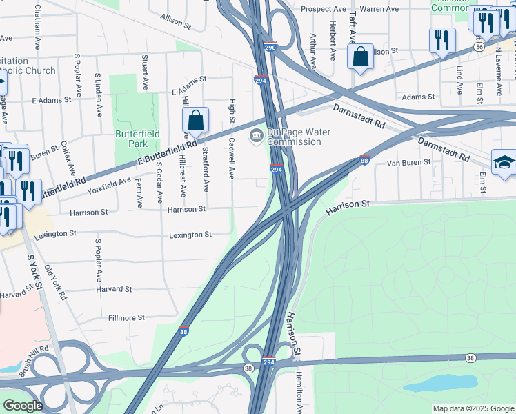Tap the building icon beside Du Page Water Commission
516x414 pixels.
(256, 134)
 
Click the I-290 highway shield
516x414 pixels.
(270, 48)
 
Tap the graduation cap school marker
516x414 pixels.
(504, 163)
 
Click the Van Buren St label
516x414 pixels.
(408, 163)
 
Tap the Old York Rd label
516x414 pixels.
(54, 284)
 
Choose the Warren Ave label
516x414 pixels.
(379, 9)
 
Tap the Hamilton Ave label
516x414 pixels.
(300, 390)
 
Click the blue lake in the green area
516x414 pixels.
(441, 382)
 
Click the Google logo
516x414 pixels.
(23, 406)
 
